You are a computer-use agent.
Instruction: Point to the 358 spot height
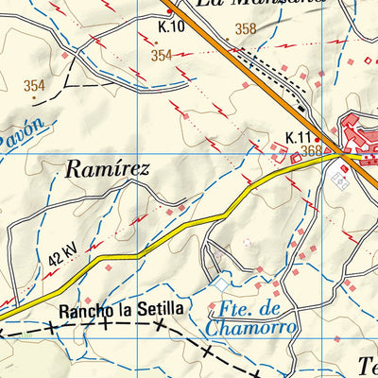click(x=246, y=29)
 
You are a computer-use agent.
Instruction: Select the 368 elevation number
click(x=311, y=150)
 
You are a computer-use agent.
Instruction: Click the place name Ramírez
click(x=108, y=171)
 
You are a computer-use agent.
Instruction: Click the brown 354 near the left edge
click(x=34, y=86)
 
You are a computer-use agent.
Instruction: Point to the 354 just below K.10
click(x=161, y=56)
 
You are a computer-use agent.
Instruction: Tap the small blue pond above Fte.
click(x=221, y=283)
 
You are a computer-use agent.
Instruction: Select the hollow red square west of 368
click(x=296, y=159)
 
